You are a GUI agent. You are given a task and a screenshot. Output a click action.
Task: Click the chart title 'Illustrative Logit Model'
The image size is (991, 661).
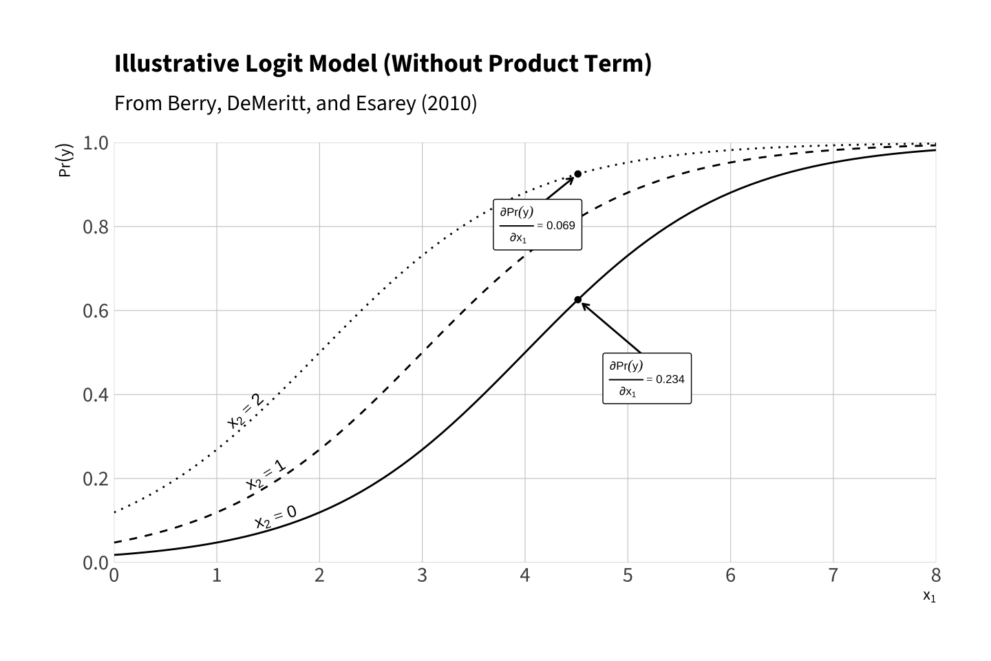[382, 63]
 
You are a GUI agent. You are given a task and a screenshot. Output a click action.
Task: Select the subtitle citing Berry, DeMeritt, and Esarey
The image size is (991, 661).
[295, 103]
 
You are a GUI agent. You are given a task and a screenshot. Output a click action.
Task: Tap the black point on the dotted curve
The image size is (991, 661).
[578, 174]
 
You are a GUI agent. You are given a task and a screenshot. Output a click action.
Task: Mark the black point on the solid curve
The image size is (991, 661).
[578, 300]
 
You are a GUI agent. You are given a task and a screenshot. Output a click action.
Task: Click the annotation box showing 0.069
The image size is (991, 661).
[537, 224]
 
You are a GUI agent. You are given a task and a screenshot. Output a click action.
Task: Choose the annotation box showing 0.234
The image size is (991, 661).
[647, 378]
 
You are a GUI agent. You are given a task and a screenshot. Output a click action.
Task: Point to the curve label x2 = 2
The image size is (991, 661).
[245, 411]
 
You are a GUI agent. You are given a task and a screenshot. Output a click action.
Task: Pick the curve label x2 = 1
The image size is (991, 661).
[266, 475]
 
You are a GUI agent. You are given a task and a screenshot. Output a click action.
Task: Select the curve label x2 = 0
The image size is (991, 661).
[275, 518]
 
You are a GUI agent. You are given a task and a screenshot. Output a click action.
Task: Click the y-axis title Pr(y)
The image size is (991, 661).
[65, 160]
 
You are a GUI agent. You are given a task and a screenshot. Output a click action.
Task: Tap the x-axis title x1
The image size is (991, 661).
[929, 596]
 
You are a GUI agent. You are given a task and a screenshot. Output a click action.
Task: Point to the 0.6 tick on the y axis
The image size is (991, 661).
[96, 311]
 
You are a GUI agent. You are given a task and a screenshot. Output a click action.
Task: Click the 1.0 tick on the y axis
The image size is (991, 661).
[96, 143]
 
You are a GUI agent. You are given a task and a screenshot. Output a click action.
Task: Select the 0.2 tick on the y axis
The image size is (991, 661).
[96, 479]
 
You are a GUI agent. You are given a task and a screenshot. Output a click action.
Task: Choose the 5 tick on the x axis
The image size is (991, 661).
[628, 576]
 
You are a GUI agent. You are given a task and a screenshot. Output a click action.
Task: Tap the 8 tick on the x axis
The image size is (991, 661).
[935, 576]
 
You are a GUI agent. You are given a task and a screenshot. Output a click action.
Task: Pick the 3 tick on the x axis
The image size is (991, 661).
[422, 576]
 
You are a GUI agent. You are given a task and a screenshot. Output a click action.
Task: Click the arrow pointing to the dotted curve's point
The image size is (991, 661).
[561, 187]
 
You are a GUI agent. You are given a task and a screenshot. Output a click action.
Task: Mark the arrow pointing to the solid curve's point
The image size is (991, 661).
[611, 327]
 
